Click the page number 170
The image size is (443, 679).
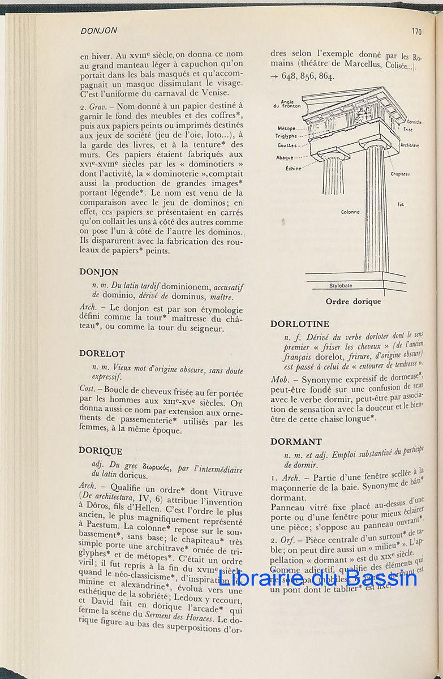pos(416,32)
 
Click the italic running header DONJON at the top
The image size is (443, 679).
pos(99,31)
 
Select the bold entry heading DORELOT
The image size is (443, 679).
pos(102,353)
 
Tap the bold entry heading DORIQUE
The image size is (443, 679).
pos(101,451)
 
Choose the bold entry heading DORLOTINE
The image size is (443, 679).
pos(299,324)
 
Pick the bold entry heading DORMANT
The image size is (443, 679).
pos(296,441)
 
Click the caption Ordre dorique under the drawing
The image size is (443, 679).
pos(353,302)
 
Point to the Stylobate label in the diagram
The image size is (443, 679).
pos(341,286)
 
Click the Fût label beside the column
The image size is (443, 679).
pos(400,204)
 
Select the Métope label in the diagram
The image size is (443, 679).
pos(286,128)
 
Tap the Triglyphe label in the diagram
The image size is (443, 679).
pos(286,136)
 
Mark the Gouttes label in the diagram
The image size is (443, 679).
pos(287,145)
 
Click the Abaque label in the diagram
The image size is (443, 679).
pos(285,157)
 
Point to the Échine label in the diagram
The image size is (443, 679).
pos(286,168)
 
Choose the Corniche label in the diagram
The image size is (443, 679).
pos(414,122)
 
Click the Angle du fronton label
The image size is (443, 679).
pos(288,104)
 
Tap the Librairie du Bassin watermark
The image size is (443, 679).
pos(318,577)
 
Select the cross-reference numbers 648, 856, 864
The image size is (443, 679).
pos(308,76)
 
